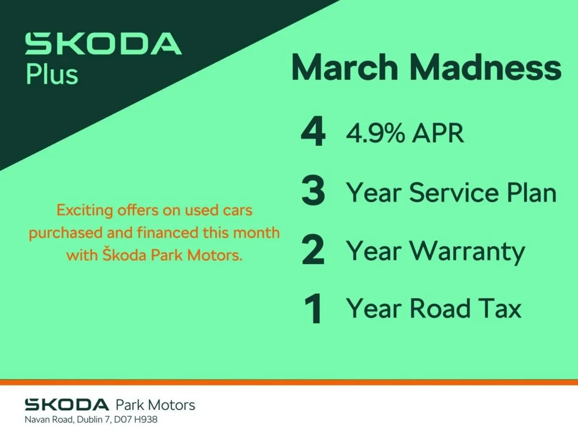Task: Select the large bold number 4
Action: [x=313, y=133]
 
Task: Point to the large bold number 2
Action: [x=313, y=251]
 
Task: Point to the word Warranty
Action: [x=467, y=252]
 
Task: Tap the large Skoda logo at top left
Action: [x=103, y=44]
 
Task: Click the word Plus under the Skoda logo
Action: [x=52, y=75]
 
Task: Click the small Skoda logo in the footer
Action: [x=67, y=404]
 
